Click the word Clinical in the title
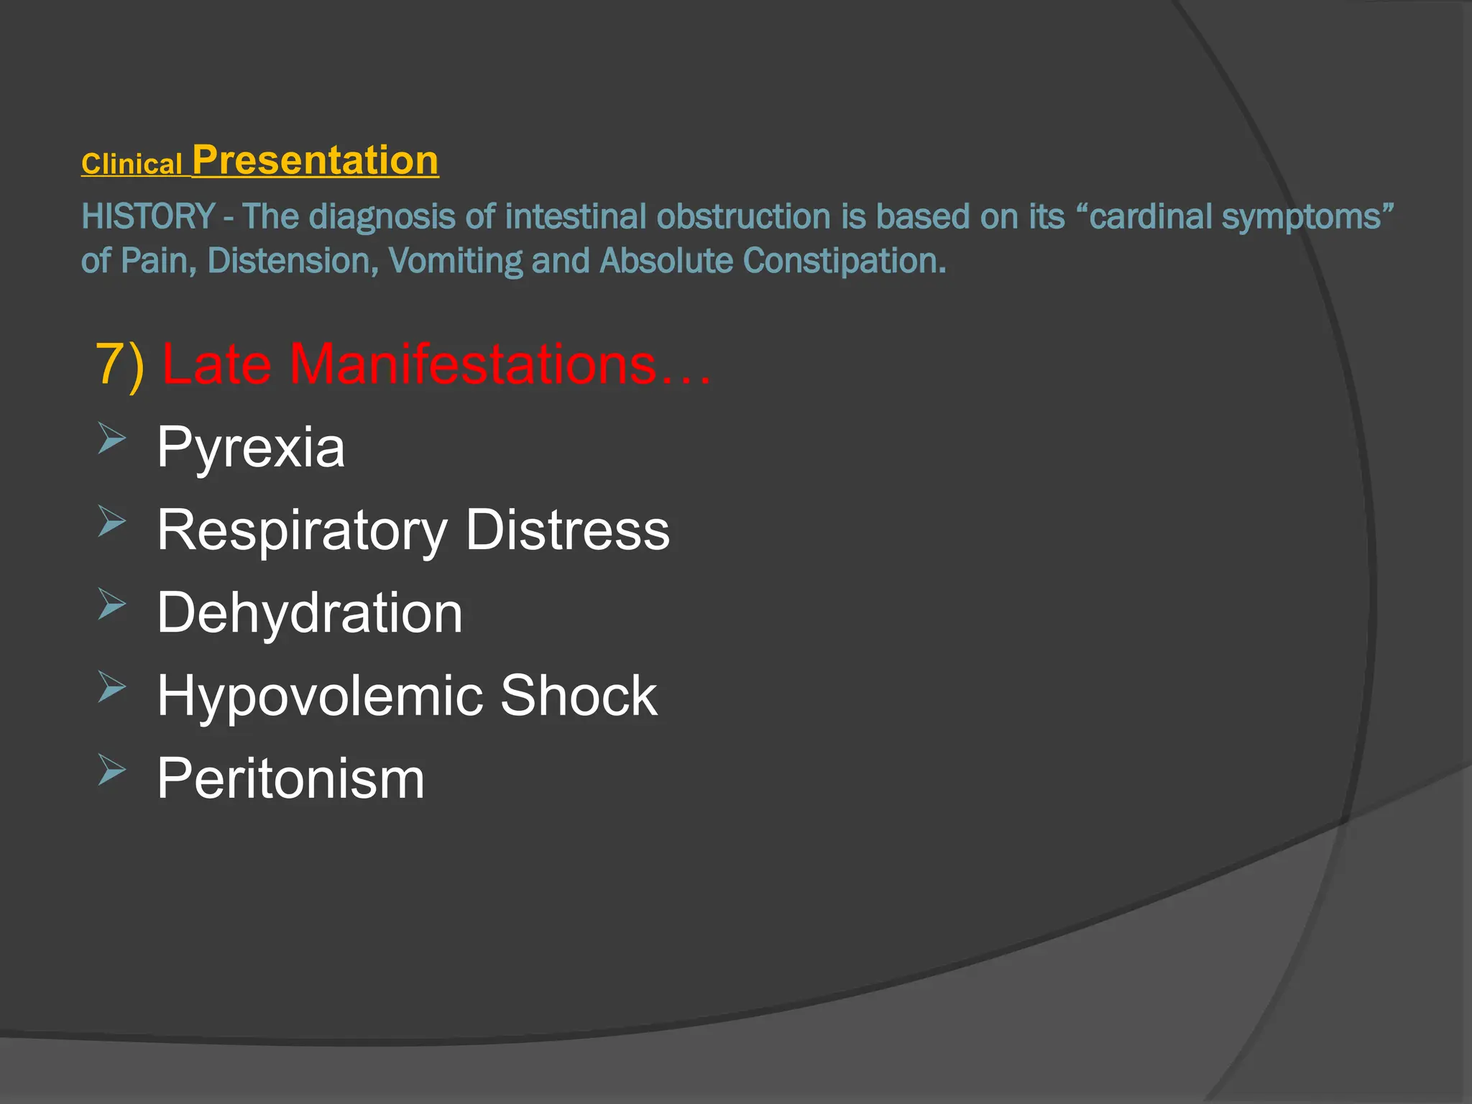pyautogui.click(x=132, y=165)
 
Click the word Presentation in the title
pyautogui.click(x=316, y=160)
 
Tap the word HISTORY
pyautogui.click(x=148, y=216)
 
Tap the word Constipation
pyautogui.click(x=845, y=261)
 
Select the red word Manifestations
pyautogui.click(x=473, y=364)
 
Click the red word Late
pyautogui.click(x=216, y=364)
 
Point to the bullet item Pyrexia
pyautogui.click(x=251, y=447)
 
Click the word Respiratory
pyautogui.click(x=302, y=530)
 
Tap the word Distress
pyautogui.click(x=568, y=530)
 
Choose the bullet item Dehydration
pyautogui.click(x=310, y=613)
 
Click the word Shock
pyautogui.click(x=579, y=696)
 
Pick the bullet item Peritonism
pyautogui.click(x=291, y=778)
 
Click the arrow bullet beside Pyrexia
pyautogui.click(x=111, y=438)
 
